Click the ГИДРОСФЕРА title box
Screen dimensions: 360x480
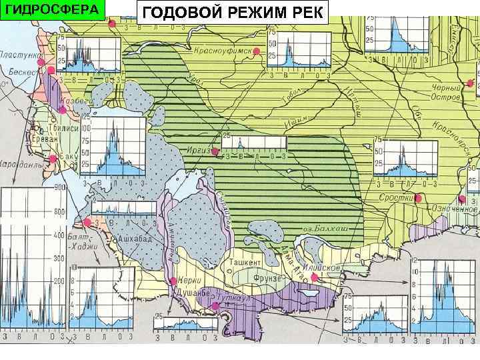53,10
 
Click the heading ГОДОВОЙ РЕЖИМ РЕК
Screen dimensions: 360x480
233,12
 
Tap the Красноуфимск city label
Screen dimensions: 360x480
223,50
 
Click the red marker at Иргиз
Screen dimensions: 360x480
215,151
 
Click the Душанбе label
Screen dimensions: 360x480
191,292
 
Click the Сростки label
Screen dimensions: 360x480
395,199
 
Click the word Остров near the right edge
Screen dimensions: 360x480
446,97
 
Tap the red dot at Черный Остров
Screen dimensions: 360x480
471,83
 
